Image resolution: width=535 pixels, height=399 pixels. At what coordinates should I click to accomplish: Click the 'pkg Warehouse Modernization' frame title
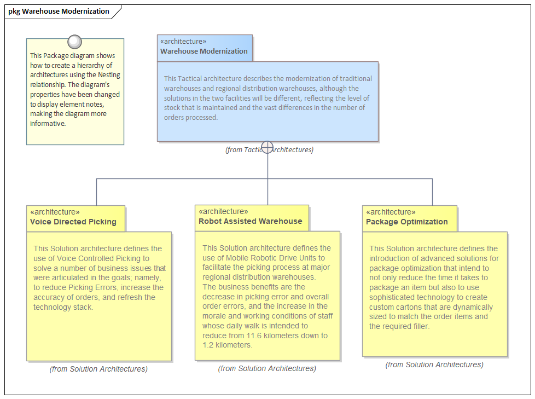click(x=59, y=11)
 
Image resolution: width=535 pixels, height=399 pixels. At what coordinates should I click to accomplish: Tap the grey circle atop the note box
click(x=75, y=42)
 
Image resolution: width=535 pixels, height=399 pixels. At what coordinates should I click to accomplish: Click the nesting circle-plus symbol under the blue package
click(x=267, y=147)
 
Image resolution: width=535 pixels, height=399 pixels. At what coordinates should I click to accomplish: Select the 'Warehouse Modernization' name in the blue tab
click(x=204, y=51)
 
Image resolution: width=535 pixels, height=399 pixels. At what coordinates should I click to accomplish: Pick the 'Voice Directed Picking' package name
click(x=73, y=222)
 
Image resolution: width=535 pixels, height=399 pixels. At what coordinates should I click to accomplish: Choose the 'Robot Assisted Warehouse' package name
click(x=251, y=221)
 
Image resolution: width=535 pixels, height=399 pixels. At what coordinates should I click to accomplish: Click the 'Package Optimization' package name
click(x=406, y=222)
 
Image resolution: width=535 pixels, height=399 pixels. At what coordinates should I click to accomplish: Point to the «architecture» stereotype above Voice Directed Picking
click(x=55, y=212)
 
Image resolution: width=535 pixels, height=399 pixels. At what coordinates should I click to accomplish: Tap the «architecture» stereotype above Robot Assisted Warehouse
click(x=223, y=211)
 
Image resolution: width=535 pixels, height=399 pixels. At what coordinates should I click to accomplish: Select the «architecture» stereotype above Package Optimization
click(x=391, y=212)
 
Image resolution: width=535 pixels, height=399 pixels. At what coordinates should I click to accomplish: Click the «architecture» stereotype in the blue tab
click(x=183, y=41)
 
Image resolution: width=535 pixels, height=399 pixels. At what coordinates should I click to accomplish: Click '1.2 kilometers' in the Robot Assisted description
click(x=227, y=345)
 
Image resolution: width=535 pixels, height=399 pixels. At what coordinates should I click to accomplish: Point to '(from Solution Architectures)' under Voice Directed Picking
click(x=98, y=369)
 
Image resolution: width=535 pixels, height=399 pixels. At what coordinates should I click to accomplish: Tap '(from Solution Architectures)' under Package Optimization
click(x=434, y=365)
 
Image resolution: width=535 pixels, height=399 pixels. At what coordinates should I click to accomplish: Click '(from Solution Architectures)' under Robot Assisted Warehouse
click(x=267, y=368)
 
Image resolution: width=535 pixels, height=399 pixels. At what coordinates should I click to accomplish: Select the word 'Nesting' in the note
click(x=109, y=75)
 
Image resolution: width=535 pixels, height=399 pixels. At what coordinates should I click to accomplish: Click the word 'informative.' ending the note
click(x=48, y=124)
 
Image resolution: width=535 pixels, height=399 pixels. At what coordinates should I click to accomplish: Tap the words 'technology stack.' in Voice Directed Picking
click(x=63, y=307)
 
